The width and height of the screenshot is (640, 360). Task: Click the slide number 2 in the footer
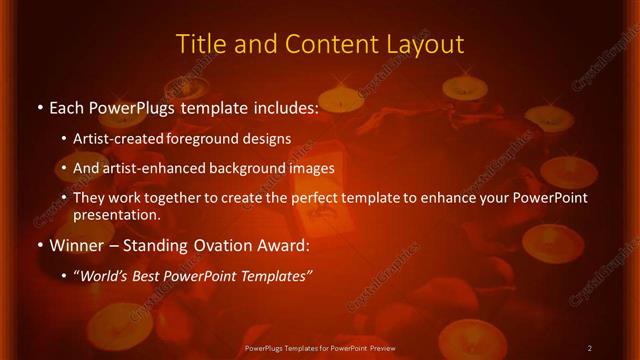pos(590,348)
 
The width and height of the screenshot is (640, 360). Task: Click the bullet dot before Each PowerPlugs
pos(39,108)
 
